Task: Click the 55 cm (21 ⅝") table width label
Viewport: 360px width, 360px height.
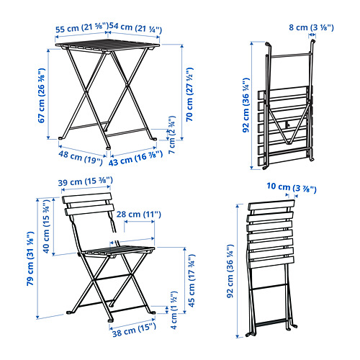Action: coord(82,28)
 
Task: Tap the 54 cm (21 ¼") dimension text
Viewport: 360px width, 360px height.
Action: coord(135,28)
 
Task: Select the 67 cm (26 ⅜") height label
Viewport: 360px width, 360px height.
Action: coord(42,96)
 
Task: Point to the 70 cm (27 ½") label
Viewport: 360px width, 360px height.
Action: coord(189,94)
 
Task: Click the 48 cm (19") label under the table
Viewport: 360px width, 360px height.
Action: coord(81,158)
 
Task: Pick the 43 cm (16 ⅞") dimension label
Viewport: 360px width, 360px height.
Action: coord(135,158)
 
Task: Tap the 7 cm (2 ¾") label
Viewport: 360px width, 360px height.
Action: coord(172,135)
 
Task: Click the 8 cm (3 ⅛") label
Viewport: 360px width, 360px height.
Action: coord(311,27)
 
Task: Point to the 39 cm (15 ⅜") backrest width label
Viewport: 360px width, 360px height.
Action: coord(85,181)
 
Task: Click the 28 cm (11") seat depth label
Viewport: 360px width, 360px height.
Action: coord(139,214)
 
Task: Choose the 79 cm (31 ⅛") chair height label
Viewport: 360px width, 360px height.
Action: coord(30,258)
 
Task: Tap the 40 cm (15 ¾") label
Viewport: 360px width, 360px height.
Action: coord(46,226)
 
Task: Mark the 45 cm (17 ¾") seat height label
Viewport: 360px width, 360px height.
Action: coord(192,281)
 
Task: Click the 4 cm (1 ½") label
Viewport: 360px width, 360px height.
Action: coord(174,310)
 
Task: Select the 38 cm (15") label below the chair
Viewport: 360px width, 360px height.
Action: coord(134,330)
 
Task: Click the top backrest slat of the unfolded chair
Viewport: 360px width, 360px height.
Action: coord(86,198)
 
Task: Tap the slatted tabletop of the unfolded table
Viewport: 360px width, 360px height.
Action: coord(107,45)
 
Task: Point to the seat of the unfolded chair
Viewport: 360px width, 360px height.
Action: coord(118,251)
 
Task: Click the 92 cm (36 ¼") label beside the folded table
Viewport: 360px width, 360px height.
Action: coord(246,105)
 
